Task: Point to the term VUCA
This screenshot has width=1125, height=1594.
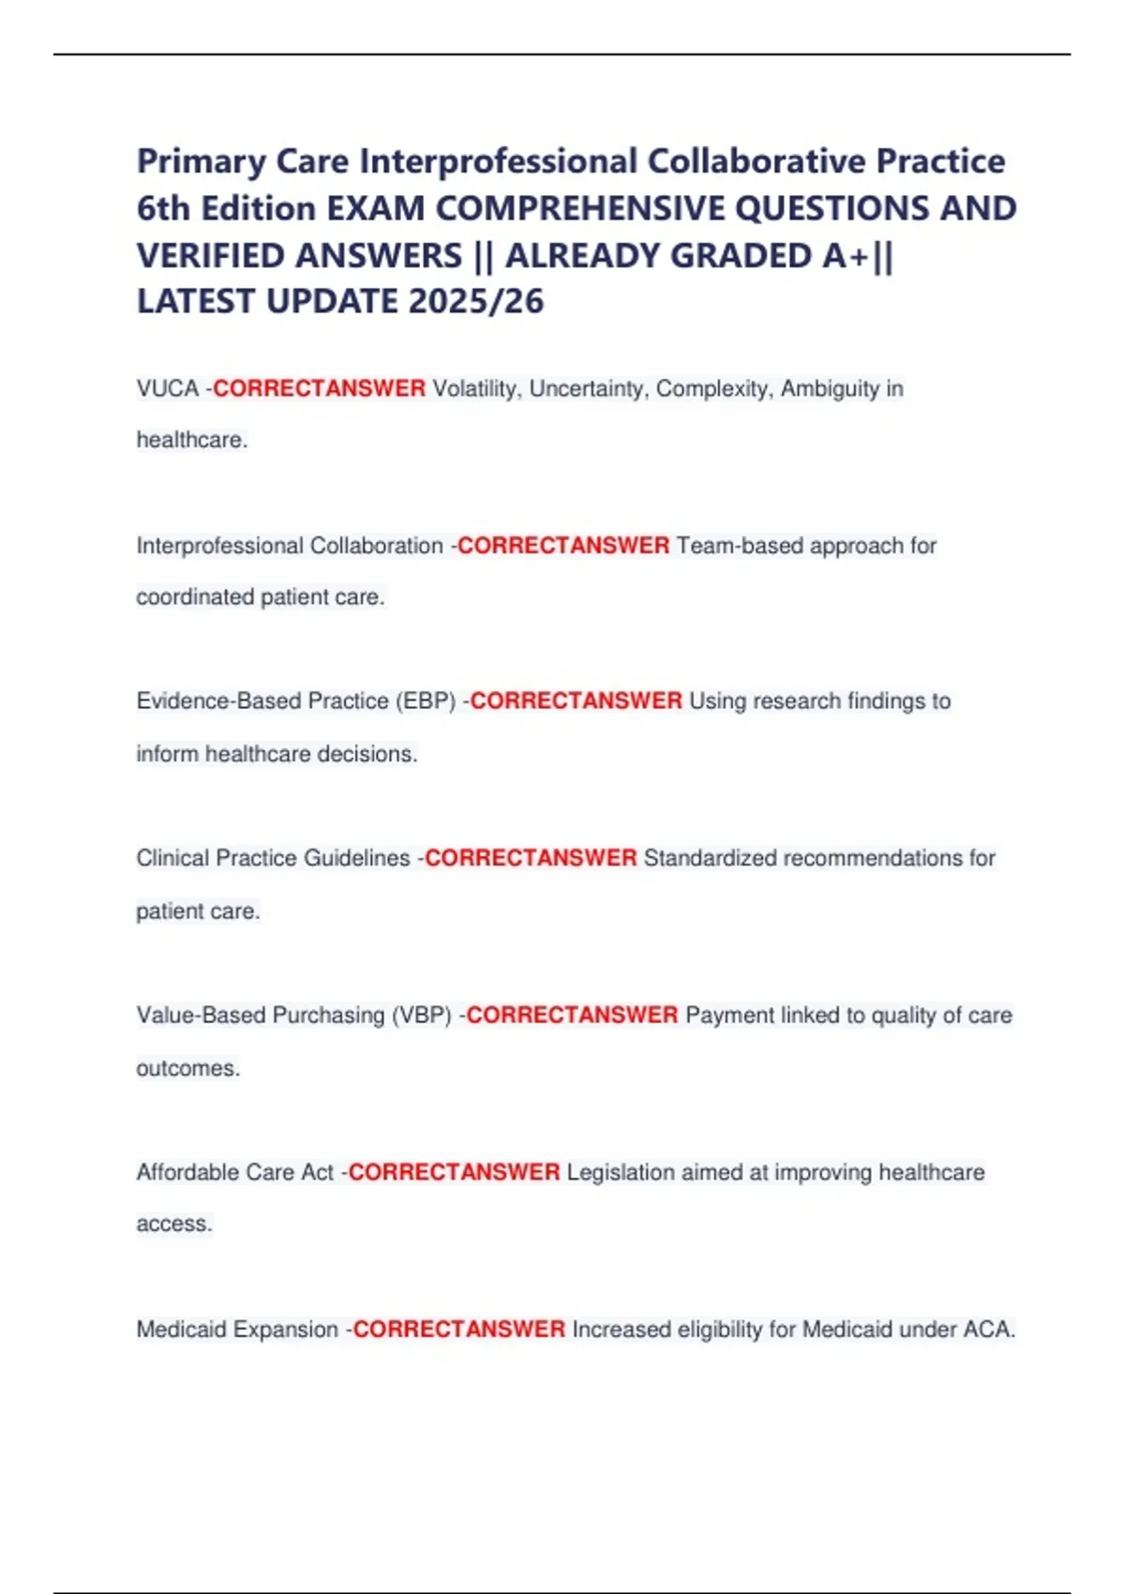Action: click(167, 388)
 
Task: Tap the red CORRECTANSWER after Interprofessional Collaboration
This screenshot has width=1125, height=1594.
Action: click(563, 546)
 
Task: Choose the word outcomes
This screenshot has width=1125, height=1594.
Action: click(187, 1068)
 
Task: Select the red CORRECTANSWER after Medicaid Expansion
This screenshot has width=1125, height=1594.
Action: click(458, 1330)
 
